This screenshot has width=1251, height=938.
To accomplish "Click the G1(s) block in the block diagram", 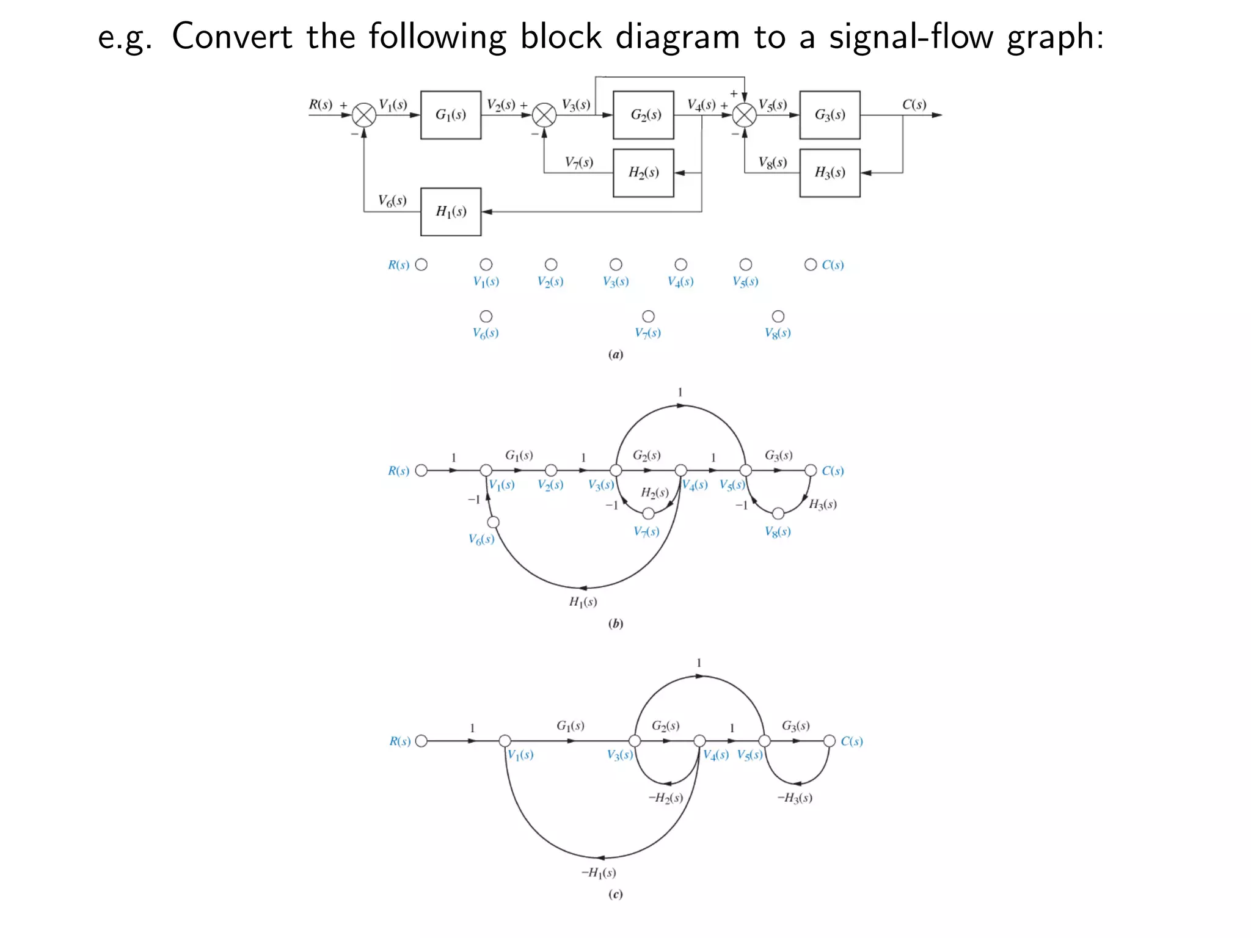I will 451,115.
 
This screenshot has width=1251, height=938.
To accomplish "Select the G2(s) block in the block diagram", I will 643,115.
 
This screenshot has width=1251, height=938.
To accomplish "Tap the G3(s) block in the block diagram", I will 830,115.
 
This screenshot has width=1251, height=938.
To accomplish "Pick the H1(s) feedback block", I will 451,211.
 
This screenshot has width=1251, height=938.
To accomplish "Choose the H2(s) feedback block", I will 643,172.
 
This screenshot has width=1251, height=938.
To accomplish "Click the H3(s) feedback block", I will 830,172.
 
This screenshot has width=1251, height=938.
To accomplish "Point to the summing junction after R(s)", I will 364,115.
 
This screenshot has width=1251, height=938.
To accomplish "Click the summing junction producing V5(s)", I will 744,115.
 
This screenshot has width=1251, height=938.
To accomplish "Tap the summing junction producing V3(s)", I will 544,115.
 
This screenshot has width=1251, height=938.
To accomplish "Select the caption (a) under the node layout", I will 616,355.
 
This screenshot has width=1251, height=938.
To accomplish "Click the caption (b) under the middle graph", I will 616,624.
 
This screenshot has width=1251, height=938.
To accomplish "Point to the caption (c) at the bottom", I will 616,895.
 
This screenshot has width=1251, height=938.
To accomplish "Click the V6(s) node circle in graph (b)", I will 494,522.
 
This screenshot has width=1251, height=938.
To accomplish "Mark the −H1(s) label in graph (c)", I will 599,873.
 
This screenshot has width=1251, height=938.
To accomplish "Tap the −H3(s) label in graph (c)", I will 795,798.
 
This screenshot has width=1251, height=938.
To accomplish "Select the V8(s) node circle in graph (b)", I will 778,514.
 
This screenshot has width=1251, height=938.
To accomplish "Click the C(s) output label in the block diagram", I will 914,104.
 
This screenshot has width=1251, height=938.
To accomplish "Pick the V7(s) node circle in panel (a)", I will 648,316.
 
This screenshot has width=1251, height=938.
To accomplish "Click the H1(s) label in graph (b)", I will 583,602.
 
